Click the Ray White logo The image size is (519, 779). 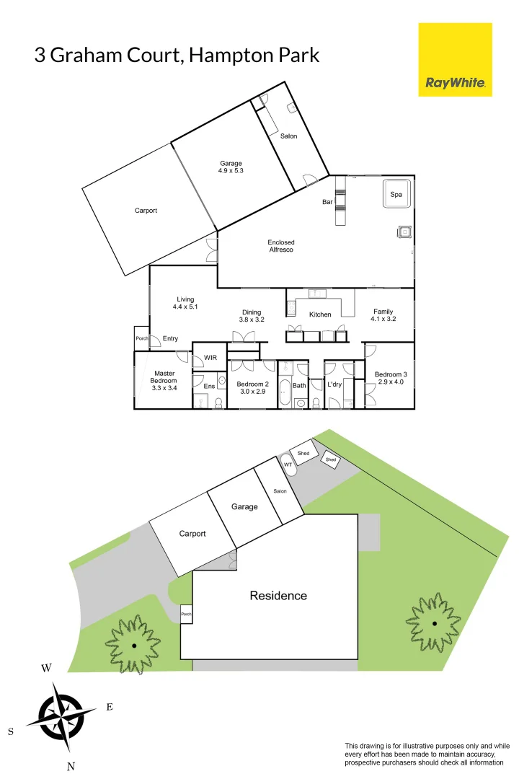coord(455,60)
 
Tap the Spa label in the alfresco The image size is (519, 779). coord(396,195)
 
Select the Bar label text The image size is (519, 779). coord(327,202)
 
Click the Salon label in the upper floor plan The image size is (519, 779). coord(288,136)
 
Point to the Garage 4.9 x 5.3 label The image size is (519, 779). coord(231,167)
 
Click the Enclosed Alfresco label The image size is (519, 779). coord(281,246)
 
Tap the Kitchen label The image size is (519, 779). coord(320,314)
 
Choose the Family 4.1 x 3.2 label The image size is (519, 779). coord(383,315)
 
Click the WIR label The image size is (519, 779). coord(210,358)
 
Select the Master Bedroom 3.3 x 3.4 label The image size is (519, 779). coord(164,380)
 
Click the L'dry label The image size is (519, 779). coord(334,385)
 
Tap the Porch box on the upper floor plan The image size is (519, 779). coord(142,338)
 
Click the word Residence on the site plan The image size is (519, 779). coord(278,596)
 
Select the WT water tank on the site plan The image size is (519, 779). coord(288,465)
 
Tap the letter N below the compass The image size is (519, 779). coord(71,767)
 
